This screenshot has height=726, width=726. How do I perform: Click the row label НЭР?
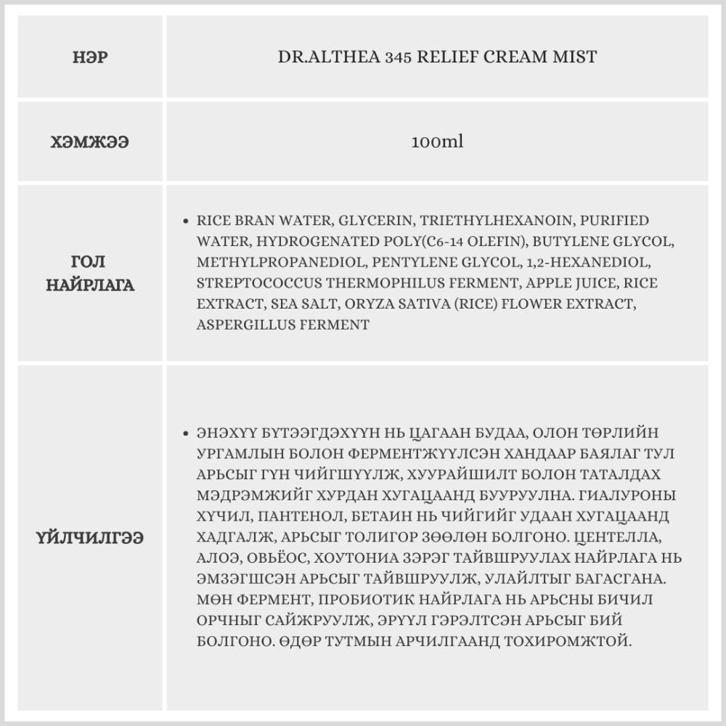[x=91, y=57]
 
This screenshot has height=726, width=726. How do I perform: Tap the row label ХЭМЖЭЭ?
[x=91, y=142]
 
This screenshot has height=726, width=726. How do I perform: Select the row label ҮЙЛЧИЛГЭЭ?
[x=91, y=538]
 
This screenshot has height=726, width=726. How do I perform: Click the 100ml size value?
[x=437, y=142]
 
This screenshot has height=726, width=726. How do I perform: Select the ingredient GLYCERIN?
[x=370, y=221]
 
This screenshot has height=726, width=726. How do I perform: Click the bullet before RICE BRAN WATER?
[x=187, y=221]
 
